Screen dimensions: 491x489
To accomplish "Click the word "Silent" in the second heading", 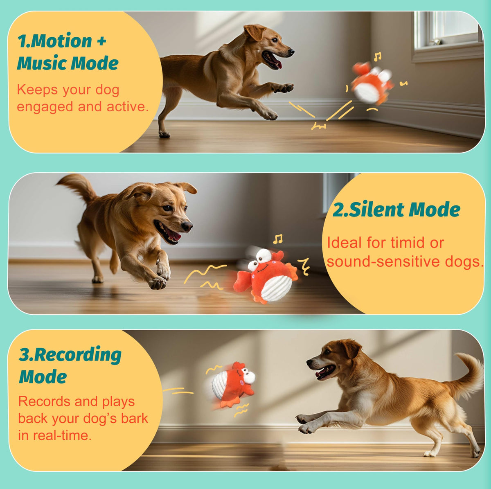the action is point(377,210).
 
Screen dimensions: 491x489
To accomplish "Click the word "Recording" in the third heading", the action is point(77,355).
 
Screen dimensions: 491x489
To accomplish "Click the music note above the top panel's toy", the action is point(377,57).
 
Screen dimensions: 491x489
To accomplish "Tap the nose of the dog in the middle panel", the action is point(187,226).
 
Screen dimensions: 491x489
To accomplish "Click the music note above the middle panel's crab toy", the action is point(277,239).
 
